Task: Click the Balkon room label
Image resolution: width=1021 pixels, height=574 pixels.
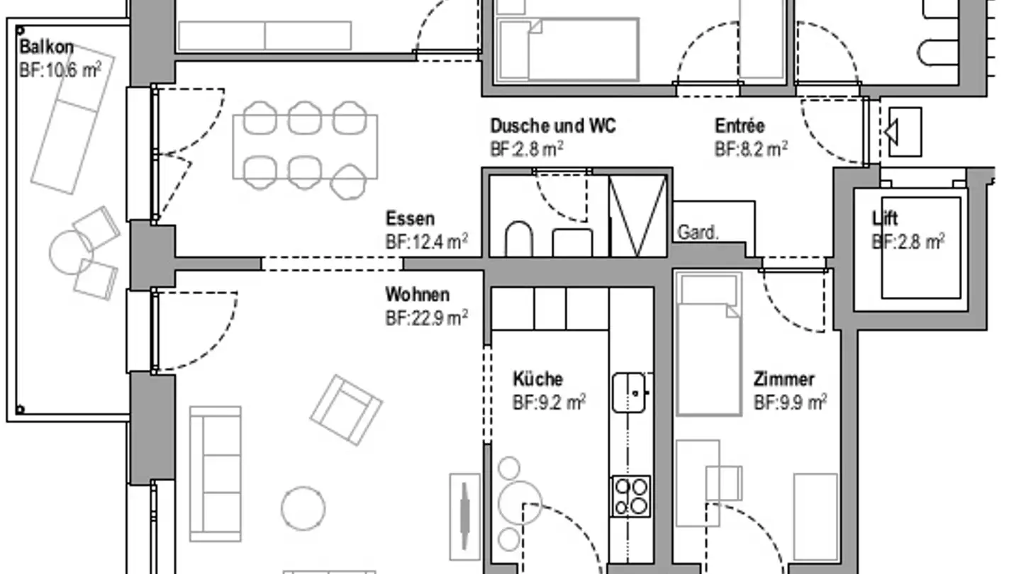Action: pyautogui.click(x=46, y=47)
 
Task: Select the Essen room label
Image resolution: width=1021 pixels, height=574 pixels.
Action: pyautogui.click(x=410, y=218)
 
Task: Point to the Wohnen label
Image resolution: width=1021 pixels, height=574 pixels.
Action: pyautogui.click(x=417, y=294)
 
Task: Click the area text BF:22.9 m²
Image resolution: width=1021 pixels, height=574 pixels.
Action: pyautogui.click(x=426, y=317)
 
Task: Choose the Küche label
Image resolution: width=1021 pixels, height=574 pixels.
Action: pyautogui.click(x=537, y=378)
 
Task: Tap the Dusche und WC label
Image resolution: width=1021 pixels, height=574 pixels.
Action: pyautogui.click(x=553, y=126)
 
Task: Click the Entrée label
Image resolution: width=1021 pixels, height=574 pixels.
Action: pyautogui.click(x=740, y=126)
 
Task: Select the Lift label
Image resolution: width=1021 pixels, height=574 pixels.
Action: pyautogui.click(x=885, y=218)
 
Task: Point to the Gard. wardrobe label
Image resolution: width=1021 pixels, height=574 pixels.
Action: pyautogui.click(x=698, y=233)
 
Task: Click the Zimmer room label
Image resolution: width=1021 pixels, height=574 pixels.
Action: pyautogui.click(x=783, y=379)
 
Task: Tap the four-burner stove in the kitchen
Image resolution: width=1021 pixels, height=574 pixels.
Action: pyautogui.click(x=630, y=496)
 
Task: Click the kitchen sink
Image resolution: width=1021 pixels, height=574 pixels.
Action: pyautogui.click(x=630, y=393)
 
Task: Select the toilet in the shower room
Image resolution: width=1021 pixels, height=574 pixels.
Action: pyautogui.click(x=519, y=240)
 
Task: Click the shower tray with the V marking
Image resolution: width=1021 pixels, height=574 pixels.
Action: pyautogui.click(x=637, y=215)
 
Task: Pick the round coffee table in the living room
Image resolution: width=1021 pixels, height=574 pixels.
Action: pyautogui.click(x=303, y=507)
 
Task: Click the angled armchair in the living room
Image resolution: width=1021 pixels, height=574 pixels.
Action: pyautogui.click(x=346, y=410)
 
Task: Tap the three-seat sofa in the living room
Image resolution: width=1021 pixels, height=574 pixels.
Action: pyautogui.click(x=215, y=473)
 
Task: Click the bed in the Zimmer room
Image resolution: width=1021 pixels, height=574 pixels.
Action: pyautogui.click(x=708, y=344)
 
